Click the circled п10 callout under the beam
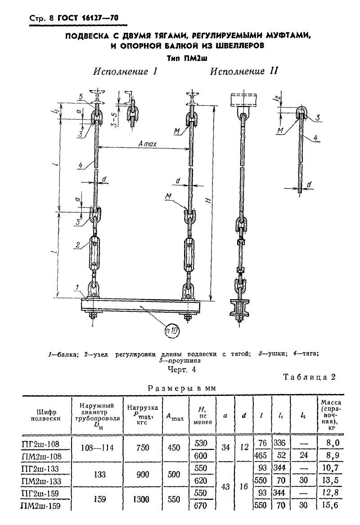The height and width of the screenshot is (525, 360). click(172, 331)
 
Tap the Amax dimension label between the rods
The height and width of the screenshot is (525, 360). click(148, 144)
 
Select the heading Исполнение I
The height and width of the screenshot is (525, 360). click(125, 72)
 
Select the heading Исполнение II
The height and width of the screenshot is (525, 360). click(244, 72)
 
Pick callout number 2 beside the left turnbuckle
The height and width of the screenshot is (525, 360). click(78, 245)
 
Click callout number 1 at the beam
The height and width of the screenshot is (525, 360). click(77, 287)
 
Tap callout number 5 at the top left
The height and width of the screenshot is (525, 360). click(81, 96)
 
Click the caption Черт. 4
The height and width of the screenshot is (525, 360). click(181, 370)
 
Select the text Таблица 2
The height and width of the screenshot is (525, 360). click(309, 377)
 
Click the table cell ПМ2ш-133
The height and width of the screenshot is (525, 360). click(41, 481)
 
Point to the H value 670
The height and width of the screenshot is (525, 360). click(201, 505)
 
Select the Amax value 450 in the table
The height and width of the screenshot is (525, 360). click(174, 448)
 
